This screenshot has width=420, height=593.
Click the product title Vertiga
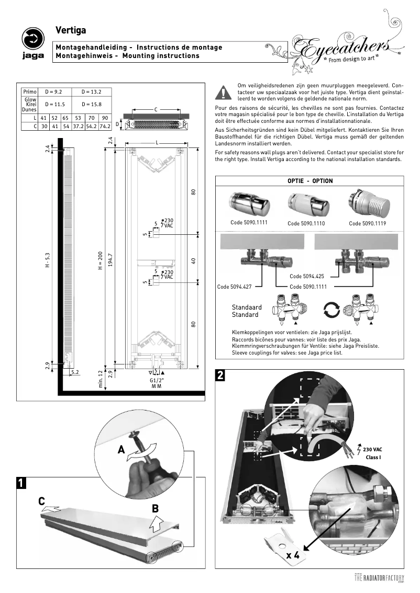tap(71, 32)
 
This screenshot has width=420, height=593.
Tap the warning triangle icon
tap(224, 93)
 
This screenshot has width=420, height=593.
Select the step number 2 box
tap(221, 375)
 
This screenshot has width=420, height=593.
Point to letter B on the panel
tap(156, 508)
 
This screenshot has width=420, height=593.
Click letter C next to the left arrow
tap(41, 501)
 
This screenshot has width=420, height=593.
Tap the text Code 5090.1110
tap(306, 223)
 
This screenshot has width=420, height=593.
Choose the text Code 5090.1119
tap(368, 223)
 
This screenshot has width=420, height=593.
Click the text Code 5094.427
tap(234, 287)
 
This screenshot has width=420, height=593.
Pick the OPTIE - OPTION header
tap(310, 181)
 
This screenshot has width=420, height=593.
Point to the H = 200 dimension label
tap(100, 262)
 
